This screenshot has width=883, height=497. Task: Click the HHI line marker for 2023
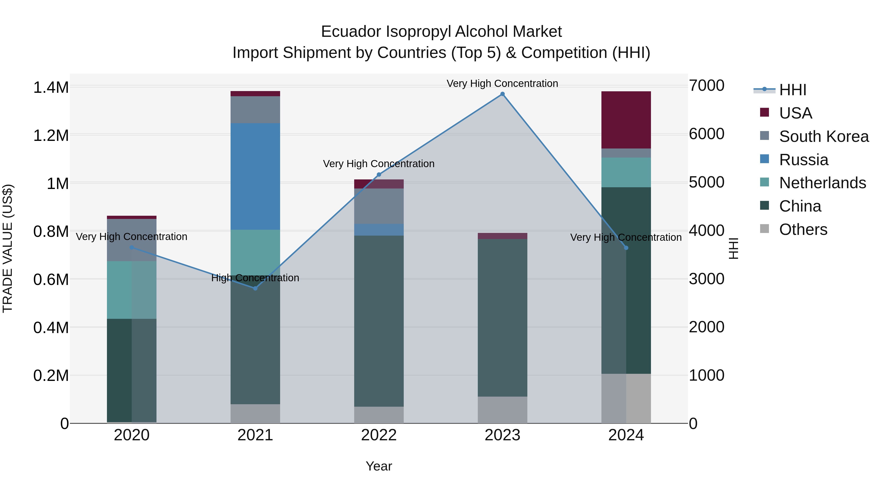502,94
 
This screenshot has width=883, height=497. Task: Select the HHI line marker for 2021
255,288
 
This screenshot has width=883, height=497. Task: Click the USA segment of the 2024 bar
626,120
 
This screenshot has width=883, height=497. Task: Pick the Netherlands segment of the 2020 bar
132,290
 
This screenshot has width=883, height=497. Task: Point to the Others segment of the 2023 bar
502,410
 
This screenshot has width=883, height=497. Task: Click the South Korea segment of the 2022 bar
379,206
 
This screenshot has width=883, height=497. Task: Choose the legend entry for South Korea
823,136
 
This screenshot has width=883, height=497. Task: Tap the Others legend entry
803,229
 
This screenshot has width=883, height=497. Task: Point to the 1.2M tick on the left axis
51,135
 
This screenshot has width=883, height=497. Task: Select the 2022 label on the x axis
379,435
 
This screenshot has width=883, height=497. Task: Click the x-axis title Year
379,466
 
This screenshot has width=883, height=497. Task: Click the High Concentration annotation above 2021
255,278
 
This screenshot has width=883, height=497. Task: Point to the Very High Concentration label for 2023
502,84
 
